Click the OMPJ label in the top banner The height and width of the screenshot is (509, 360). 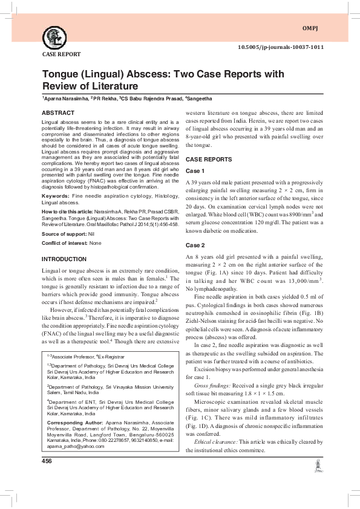coord(309,28)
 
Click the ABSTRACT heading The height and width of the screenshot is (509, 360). coord(58,113)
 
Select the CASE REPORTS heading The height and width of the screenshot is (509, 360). coord(208,159)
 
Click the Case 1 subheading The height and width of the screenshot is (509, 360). coord(195,170)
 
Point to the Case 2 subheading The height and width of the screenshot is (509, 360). coord(195,245)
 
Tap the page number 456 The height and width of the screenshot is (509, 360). coord(47,461)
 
